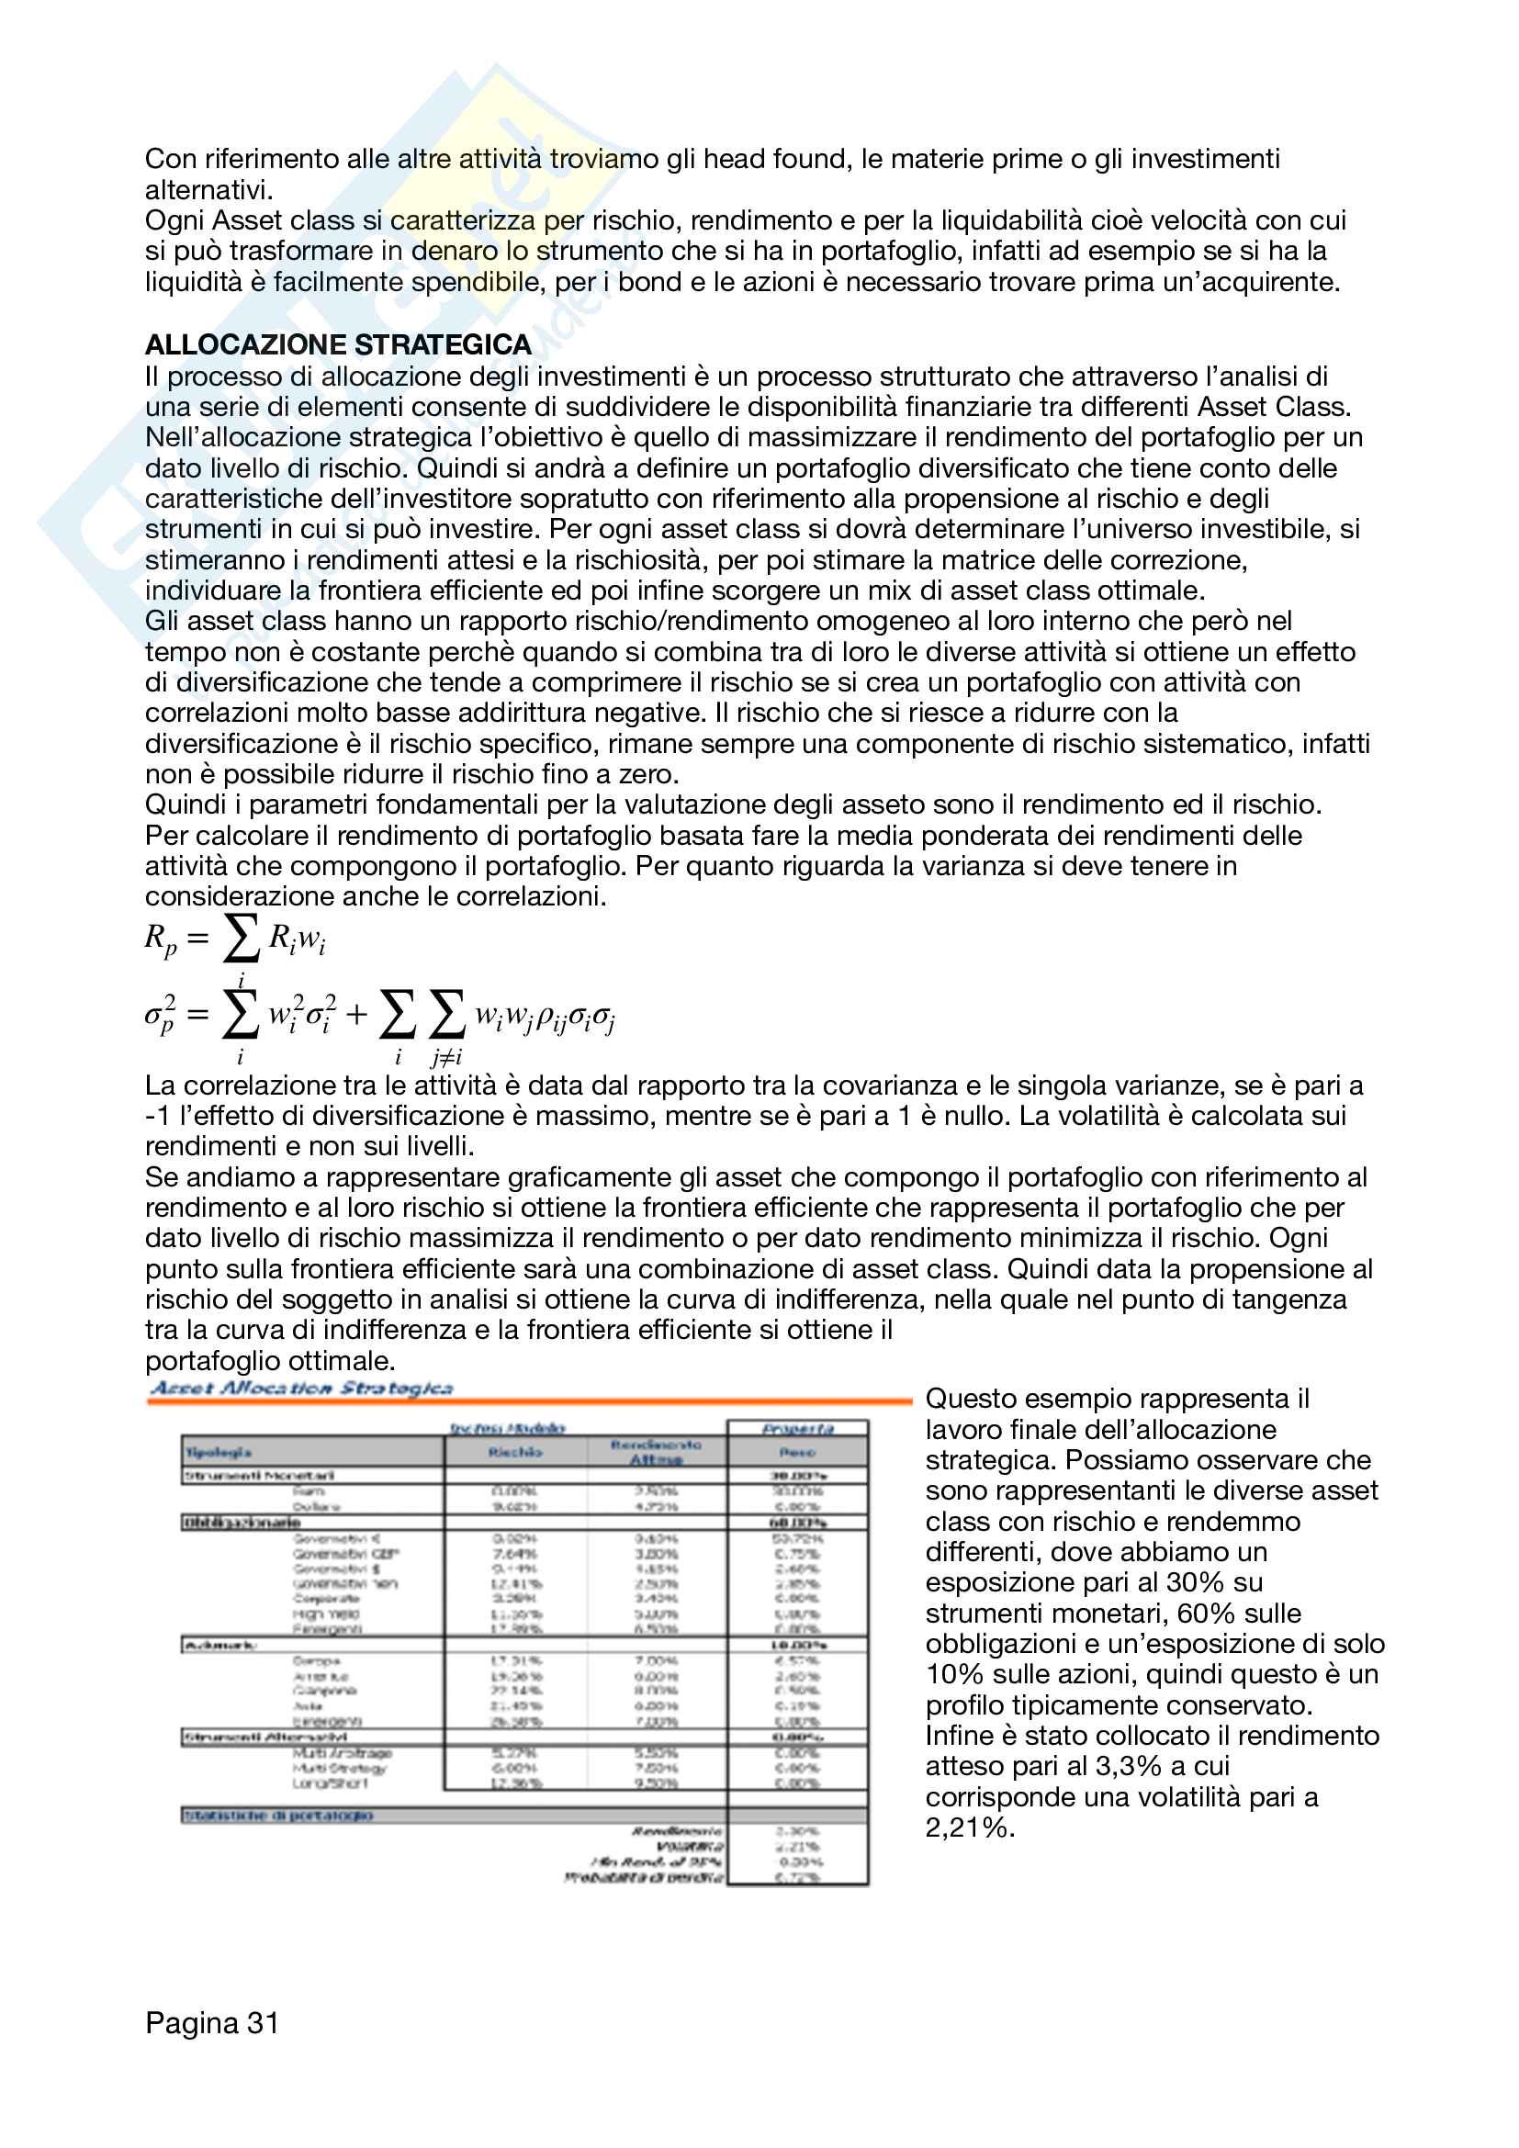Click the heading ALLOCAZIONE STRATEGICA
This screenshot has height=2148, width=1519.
point(338,345)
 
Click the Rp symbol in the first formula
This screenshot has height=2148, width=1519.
point(160,939)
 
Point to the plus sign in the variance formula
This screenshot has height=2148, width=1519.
point(356,1015)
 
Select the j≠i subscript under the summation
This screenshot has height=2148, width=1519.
point(446,1058)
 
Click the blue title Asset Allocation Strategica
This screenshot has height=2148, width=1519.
point(301,1389)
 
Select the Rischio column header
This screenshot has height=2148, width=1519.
point(515,1453)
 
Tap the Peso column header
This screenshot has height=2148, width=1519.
point(797,1453)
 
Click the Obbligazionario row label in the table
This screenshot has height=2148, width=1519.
point(242,1523)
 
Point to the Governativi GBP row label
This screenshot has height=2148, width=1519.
point(345,1554)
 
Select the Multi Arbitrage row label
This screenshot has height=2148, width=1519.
point(342,1753)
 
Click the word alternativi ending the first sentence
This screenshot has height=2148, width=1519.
point(208,190)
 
